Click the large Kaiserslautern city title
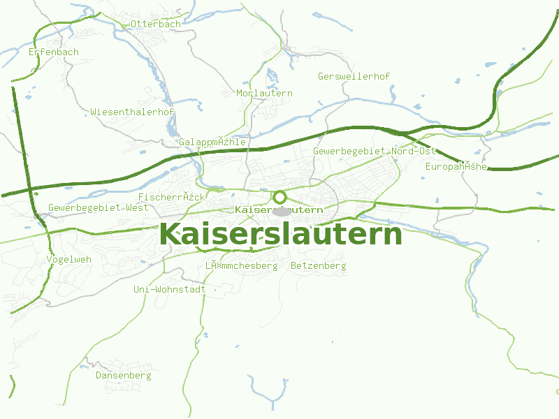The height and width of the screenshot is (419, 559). point(281,235)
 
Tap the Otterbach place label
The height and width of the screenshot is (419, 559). point(155,24)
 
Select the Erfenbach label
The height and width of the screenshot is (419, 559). point(54,52)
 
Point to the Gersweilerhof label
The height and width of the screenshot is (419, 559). point(354,76)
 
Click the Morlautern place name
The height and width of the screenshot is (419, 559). point(265,93)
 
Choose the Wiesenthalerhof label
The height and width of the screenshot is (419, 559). point(132,112)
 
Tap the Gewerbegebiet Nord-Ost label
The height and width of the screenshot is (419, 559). point(375,151)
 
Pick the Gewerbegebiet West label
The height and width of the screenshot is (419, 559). point(99,208)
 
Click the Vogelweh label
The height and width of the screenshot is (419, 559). point(68,259)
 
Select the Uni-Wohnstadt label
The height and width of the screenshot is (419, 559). point(169,289)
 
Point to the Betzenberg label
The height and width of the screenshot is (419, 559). point(318,266)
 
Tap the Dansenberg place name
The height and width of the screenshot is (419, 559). point(123,376)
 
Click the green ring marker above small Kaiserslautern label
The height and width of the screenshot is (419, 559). point(280,197)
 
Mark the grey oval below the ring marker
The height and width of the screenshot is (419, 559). point(282,211)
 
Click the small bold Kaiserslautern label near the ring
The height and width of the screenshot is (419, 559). point(279,209)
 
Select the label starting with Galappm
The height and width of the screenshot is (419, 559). point(212,142)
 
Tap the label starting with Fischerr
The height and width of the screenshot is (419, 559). point(172,198)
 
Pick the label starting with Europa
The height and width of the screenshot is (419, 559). point(456,166)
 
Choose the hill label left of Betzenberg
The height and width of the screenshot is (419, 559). point(241,266)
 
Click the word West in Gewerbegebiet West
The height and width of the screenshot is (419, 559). point(137,208)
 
